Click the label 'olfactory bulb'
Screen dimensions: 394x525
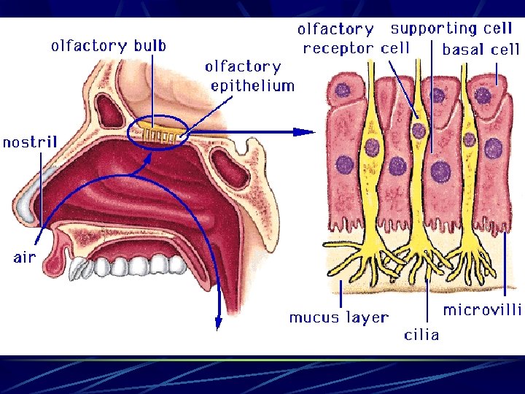point(109,45)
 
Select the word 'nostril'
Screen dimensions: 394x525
point(29,142)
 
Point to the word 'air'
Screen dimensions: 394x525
point(23,258)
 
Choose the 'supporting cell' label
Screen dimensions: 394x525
point(451,28)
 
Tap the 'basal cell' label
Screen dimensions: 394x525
point(481,50)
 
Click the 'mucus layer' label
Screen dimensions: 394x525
point(338,317)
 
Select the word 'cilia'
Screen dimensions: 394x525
point(421,334)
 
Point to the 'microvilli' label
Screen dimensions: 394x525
point(482,310)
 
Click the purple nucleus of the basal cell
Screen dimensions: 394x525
point(483,95)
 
